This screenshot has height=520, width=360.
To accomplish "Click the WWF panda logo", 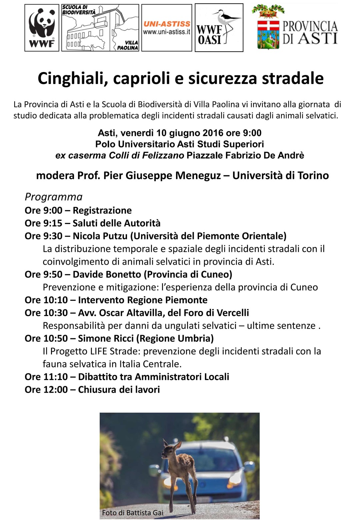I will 42,28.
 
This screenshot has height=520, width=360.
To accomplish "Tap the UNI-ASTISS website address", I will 167,32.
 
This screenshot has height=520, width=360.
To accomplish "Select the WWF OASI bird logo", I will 219,28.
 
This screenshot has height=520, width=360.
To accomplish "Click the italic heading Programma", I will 53,197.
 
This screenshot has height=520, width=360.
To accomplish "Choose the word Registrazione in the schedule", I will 102,210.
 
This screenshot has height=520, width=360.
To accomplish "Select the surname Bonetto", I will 123,274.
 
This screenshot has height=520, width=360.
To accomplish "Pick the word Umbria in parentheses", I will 193,338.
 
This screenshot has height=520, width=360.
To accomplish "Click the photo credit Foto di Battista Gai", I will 132,513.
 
